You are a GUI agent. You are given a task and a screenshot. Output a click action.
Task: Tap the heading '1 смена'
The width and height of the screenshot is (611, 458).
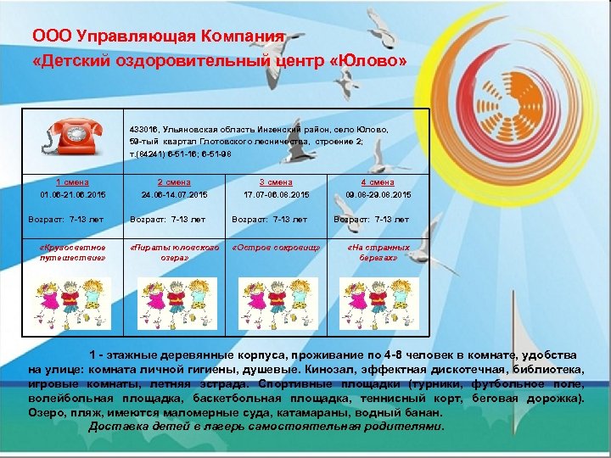point(73,182)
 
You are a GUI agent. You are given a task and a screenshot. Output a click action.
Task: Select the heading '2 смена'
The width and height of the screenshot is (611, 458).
point(174,182)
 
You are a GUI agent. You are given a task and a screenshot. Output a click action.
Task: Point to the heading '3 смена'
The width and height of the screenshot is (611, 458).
point(276,182)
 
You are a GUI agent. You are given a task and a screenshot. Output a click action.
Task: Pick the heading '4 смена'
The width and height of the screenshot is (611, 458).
point(378,182)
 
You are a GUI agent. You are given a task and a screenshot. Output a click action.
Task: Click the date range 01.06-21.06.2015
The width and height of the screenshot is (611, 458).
point(73,195)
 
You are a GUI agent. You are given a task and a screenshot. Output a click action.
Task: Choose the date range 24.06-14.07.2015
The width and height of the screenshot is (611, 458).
point(174,195)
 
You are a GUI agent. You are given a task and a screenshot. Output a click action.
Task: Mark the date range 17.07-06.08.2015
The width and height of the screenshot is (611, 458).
point(276,195)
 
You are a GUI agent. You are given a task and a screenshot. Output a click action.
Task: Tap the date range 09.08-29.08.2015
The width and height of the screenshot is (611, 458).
point(378,195)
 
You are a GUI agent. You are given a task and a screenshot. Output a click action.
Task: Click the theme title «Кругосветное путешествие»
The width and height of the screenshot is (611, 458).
point(73,252)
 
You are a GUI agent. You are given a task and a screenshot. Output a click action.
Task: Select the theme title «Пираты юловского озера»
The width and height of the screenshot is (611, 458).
point(174,252)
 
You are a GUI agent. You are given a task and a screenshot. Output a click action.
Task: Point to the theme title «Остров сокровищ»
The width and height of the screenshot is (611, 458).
point(276,248)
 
